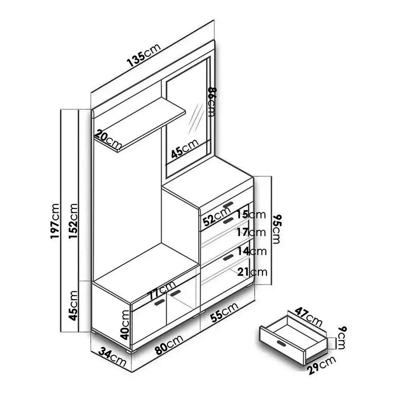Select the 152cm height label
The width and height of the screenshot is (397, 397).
point(73,221)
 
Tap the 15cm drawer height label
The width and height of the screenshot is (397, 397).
point(252,215)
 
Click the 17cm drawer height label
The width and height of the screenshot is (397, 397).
point(252,232)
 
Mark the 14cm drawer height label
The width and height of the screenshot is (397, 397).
point(252,251)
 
